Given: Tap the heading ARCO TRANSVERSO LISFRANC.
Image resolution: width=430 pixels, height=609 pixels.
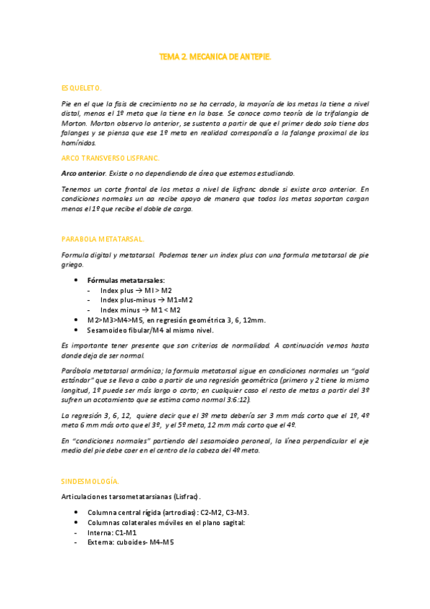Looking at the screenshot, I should pyautogui.click(x=111, y=157).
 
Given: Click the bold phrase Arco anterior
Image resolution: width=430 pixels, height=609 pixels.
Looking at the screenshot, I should pyautogui.click(x=84, y=173).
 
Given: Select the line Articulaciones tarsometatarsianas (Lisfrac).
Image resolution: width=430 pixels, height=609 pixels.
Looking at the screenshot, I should pyautogui.click(x=131, y=496).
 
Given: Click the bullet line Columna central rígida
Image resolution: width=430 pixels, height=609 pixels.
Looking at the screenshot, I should pyautogui.click(x=168, y=512).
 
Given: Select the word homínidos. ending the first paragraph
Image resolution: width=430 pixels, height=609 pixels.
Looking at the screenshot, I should pyautogui.click(x=80, y=143).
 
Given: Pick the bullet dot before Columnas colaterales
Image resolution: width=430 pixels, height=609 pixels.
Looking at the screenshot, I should pyautogui.click(x=77, y=522).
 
